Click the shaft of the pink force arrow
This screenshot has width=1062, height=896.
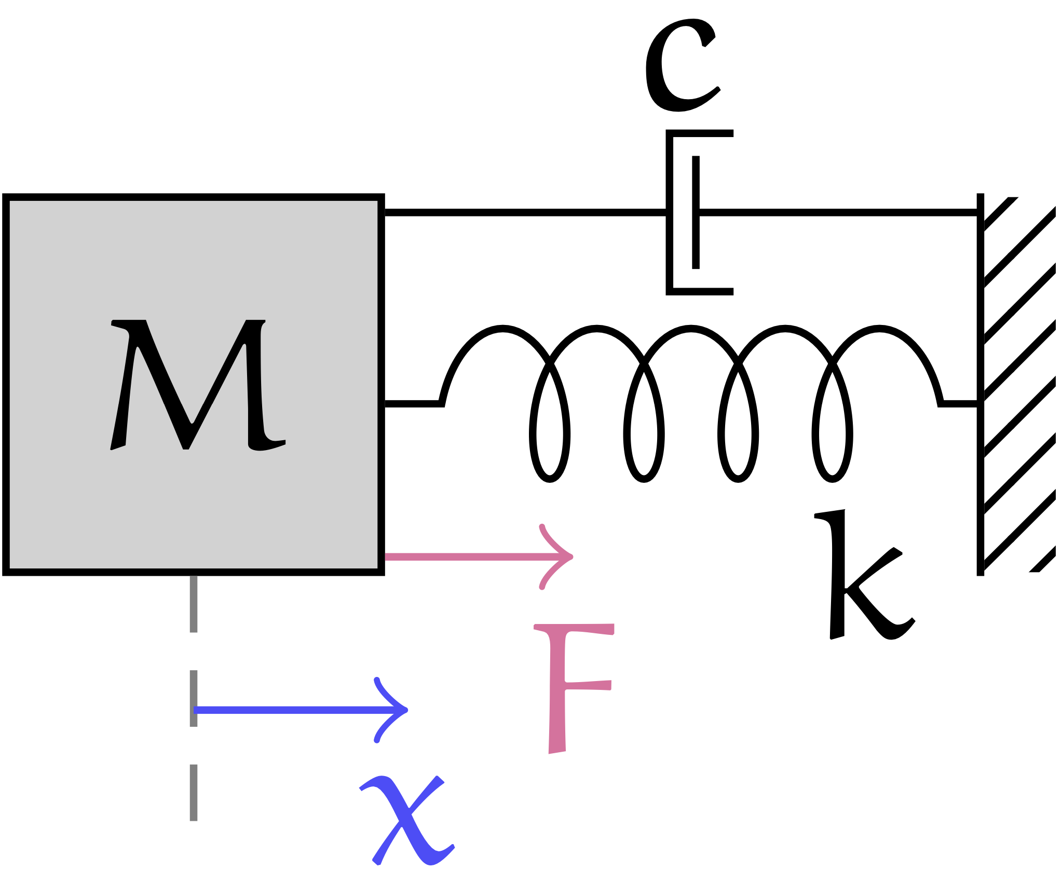pos(467,557)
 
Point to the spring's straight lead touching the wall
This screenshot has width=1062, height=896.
pos(959,404)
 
